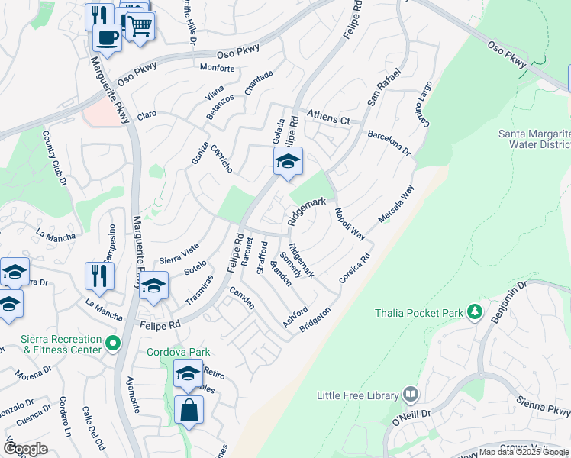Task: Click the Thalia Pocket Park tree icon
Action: (475, 312)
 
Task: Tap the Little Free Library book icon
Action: (411, 395)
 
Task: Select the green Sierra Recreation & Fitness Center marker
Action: (114, 343)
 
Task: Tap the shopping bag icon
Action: (189, 411)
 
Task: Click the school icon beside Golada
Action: (288, 161)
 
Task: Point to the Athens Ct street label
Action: (327, 118)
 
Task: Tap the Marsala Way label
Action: (396, 204)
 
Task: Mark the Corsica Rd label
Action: (355, 269)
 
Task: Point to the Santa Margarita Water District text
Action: (534, 139)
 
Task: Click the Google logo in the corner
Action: (25, 448)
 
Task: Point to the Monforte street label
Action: (217, 68)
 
